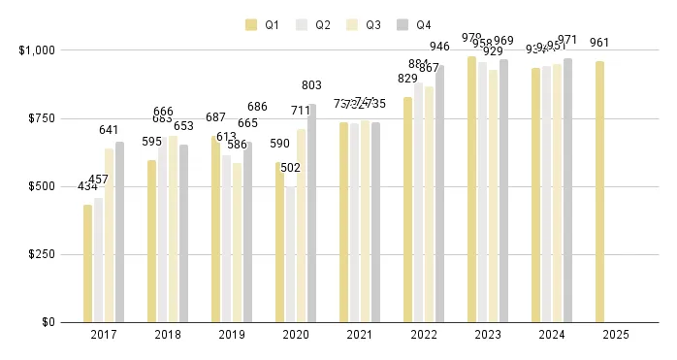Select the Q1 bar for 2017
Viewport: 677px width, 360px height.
[88, 263]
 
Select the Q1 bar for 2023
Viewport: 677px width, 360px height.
[472, 189]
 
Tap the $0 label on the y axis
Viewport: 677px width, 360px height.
[47, 322]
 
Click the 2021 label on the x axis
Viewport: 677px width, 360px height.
[360, 335]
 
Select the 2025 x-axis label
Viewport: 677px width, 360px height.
[616, 335]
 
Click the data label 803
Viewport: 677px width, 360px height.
[311, 85]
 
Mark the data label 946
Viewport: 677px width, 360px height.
[439, 47]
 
